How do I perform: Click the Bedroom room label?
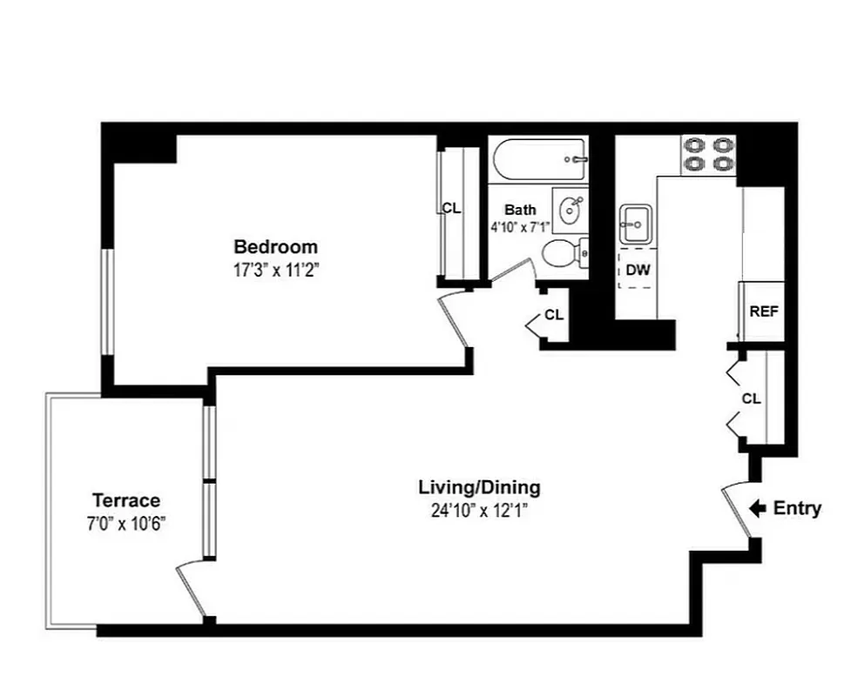[x=275, y=247]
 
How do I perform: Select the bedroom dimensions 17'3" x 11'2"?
[x=276, y=270]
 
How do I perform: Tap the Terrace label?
[x=126, y=500]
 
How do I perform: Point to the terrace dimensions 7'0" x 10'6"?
[x=127, y=524]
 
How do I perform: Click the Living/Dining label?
[x=479, y=487]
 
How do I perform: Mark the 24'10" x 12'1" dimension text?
[x=479, y=511]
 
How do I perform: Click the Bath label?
[x=520, y=210]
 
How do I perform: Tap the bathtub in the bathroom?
[x=538, y=159]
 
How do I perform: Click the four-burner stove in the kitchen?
[x=708, y=154]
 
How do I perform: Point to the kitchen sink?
[x=633, y=224]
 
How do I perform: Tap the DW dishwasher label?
[x=638, y=271]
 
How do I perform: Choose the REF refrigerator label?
[x=763, y=311]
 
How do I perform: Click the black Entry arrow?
[x=757, y=508]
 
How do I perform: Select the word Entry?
[x=797, y=508]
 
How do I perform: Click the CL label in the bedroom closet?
[x=451, y=208]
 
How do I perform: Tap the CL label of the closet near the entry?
[x=751, y=398]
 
